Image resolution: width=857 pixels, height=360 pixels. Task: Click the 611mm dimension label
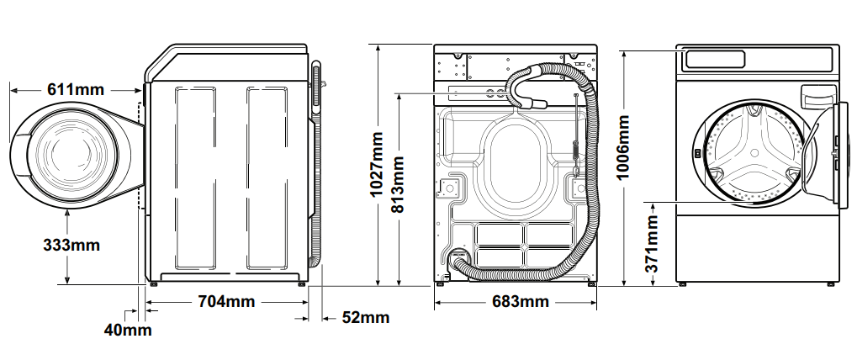(76, 89)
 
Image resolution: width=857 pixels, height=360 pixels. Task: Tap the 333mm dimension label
(71, 246)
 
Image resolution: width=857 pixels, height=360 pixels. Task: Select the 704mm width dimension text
(226, 301)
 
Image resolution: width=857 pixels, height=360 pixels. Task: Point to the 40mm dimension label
(128, 330)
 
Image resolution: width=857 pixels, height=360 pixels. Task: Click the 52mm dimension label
(366, 317)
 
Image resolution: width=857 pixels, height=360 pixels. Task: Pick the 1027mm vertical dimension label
(378, 165)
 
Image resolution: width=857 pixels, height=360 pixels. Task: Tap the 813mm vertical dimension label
(398, 185)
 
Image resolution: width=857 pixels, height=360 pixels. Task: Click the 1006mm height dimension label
(622, 147)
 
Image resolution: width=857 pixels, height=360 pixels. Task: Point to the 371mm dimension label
(651, 244)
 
